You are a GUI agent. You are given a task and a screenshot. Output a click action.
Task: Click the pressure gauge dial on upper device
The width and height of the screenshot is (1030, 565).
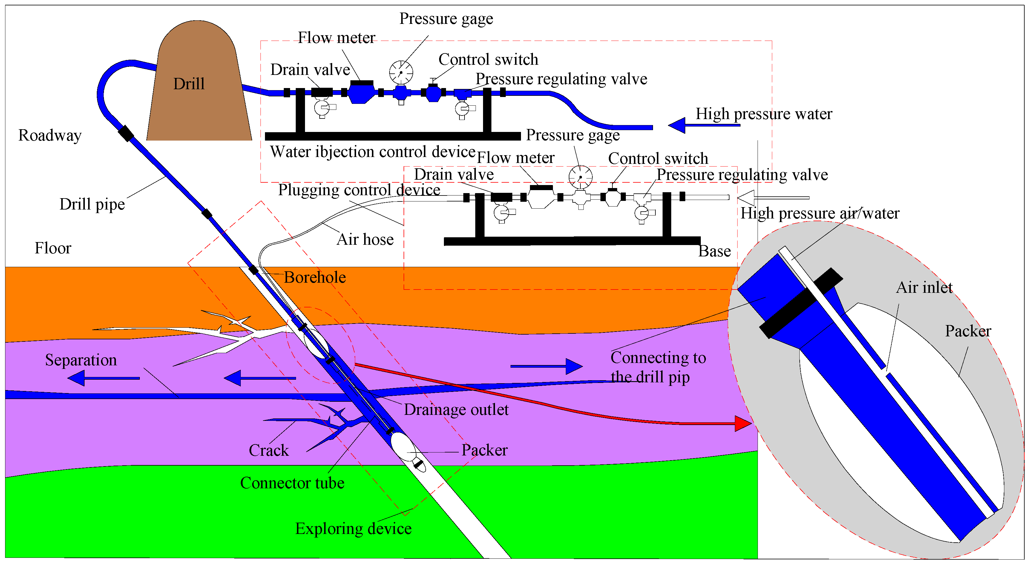401,72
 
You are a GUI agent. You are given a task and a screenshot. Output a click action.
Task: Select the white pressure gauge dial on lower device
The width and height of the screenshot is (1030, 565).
580,177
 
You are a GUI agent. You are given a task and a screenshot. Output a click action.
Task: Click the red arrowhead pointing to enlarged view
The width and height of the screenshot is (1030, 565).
743,424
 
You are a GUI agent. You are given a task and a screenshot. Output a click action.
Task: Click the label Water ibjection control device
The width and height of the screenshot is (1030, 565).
373,152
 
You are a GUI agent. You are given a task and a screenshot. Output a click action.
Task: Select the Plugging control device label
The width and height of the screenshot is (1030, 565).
359,190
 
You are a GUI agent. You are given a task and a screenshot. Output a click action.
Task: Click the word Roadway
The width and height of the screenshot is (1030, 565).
50,136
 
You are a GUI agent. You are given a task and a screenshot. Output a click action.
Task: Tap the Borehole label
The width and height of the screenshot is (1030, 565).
315,277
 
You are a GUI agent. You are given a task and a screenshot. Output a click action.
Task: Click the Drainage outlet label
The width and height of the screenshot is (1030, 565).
456,409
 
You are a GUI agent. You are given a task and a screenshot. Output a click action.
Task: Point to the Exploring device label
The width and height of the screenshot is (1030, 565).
353,529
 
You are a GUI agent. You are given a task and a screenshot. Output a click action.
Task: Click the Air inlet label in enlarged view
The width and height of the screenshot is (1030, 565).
924,288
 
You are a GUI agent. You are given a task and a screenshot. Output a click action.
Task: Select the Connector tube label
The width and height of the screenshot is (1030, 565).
292,483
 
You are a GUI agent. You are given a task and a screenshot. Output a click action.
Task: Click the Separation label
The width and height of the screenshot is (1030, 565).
81,360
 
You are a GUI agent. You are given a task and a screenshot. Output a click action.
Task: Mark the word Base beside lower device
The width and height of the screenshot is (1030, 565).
715,251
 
